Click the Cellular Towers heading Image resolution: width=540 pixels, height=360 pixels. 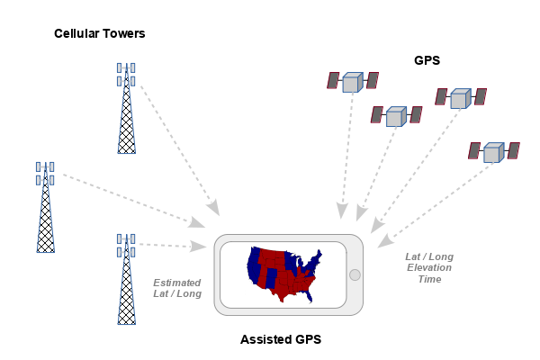(x=99, y=33)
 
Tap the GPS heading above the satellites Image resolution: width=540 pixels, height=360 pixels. (x=426, y=61)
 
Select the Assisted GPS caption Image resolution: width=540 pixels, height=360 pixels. (x=281, y=339)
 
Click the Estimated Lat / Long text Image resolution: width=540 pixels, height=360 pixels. (x=177, y=288)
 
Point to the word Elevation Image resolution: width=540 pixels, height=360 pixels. (x=430, y=267)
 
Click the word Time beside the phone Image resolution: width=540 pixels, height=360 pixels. (x=430, y=279)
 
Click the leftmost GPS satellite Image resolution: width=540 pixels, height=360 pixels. (x=352, y=82)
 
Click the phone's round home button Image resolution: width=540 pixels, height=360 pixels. (x=354, y=274)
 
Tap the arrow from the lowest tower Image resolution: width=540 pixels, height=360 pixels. (x=171, y=245)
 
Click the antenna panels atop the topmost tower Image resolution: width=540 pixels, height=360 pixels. (x=126, y=74)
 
